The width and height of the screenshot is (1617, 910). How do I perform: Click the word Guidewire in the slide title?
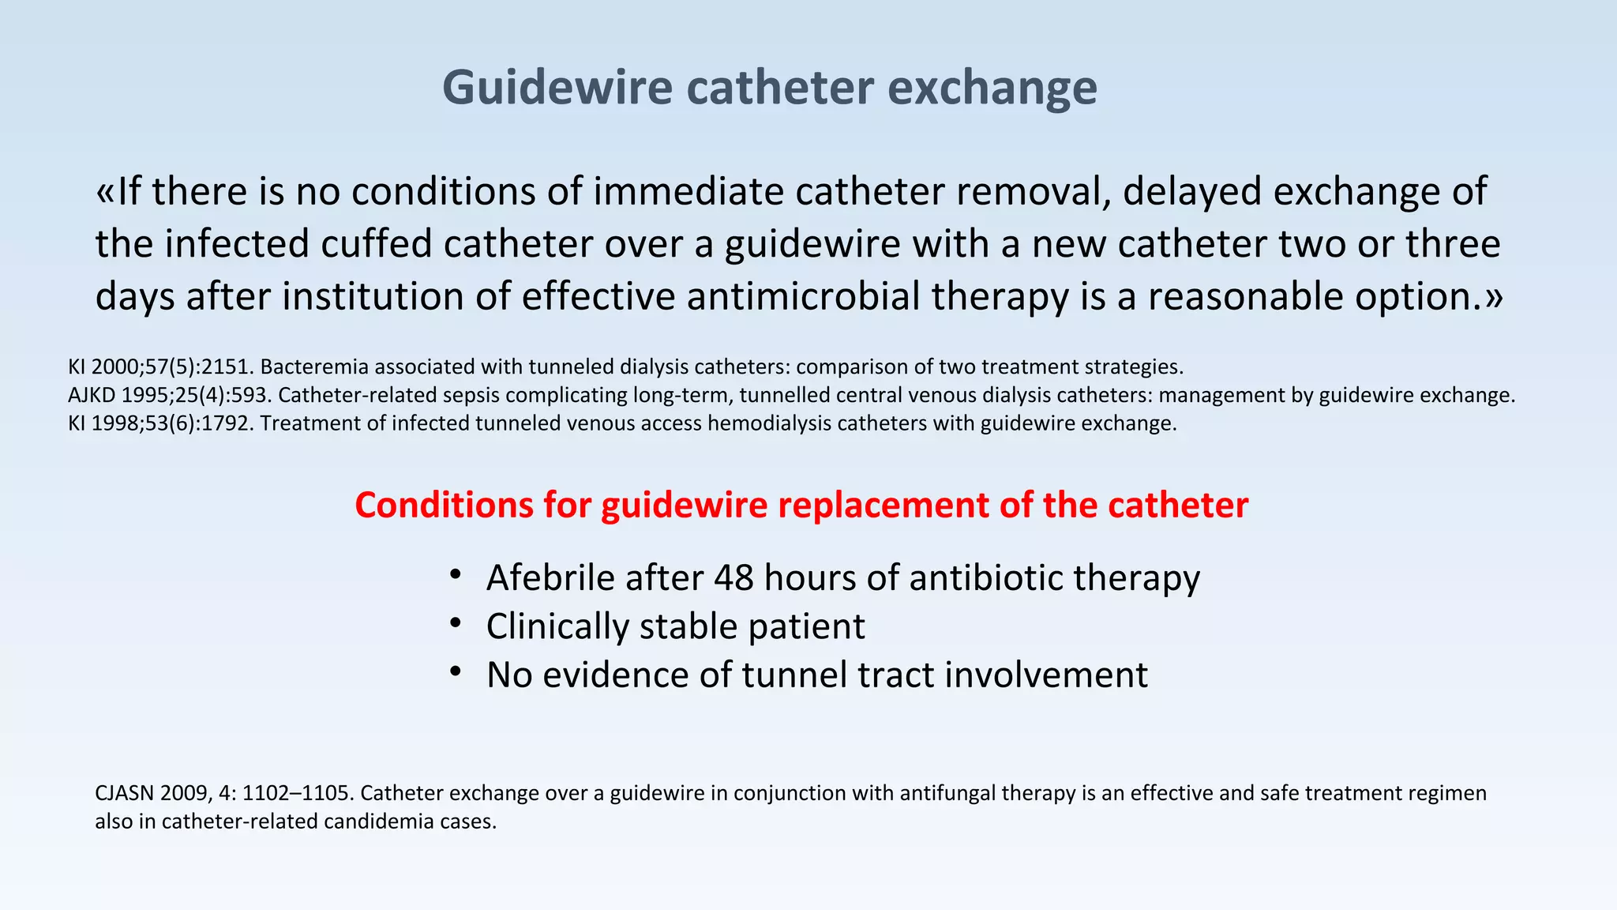[x=557, y=87]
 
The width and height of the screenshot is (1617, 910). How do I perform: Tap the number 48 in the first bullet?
[x=734, y=578]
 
